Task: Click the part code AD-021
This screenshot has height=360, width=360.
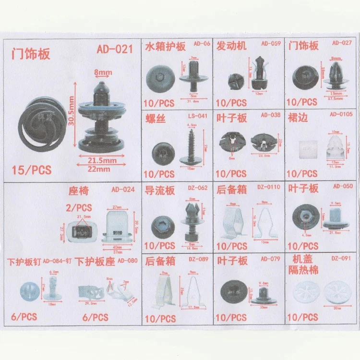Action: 114,49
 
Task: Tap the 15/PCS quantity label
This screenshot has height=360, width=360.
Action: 32,170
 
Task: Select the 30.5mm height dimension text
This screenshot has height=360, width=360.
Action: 72,110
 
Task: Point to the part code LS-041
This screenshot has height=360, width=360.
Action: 198,116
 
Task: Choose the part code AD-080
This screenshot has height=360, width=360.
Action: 127,261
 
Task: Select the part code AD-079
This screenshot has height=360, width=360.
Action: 270,260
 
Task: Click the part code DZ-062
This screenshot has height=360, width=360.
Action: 198,188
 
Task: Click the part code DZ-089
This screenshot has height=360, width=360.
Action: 199,260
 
